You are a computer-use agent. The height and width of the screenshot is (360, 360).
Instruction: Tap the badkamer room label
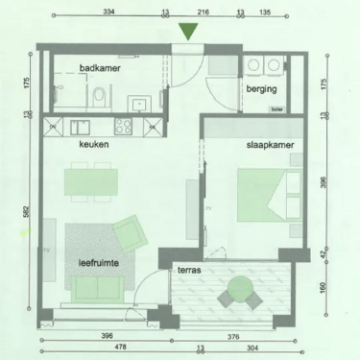(x=100, y=68)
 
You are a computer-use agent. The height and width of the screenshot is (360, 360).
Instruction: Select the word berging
(x=261, y=89)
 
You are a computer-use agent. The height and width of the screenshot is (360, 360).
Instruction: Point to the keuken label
(x=94, y=144)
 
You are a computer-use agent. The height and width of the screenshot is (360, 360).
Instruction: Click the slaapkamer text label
(x=269, y=145)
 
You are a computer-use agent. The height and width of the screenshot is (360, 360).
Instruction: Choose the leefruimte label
(x=101, y=260)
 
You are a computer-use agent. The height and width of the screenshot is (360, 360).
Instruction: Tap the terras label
(x=188, y=272)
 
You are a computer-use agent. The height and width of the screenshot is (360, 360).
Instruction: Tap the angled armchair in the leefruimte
(x=127, y=231)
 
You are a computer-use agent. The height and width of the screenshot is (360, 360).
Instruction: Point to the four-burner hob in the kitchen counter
(x=123, y=125)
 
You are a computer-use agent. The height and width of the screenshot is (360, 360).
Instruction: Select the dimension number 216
(x=204, y=13)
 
